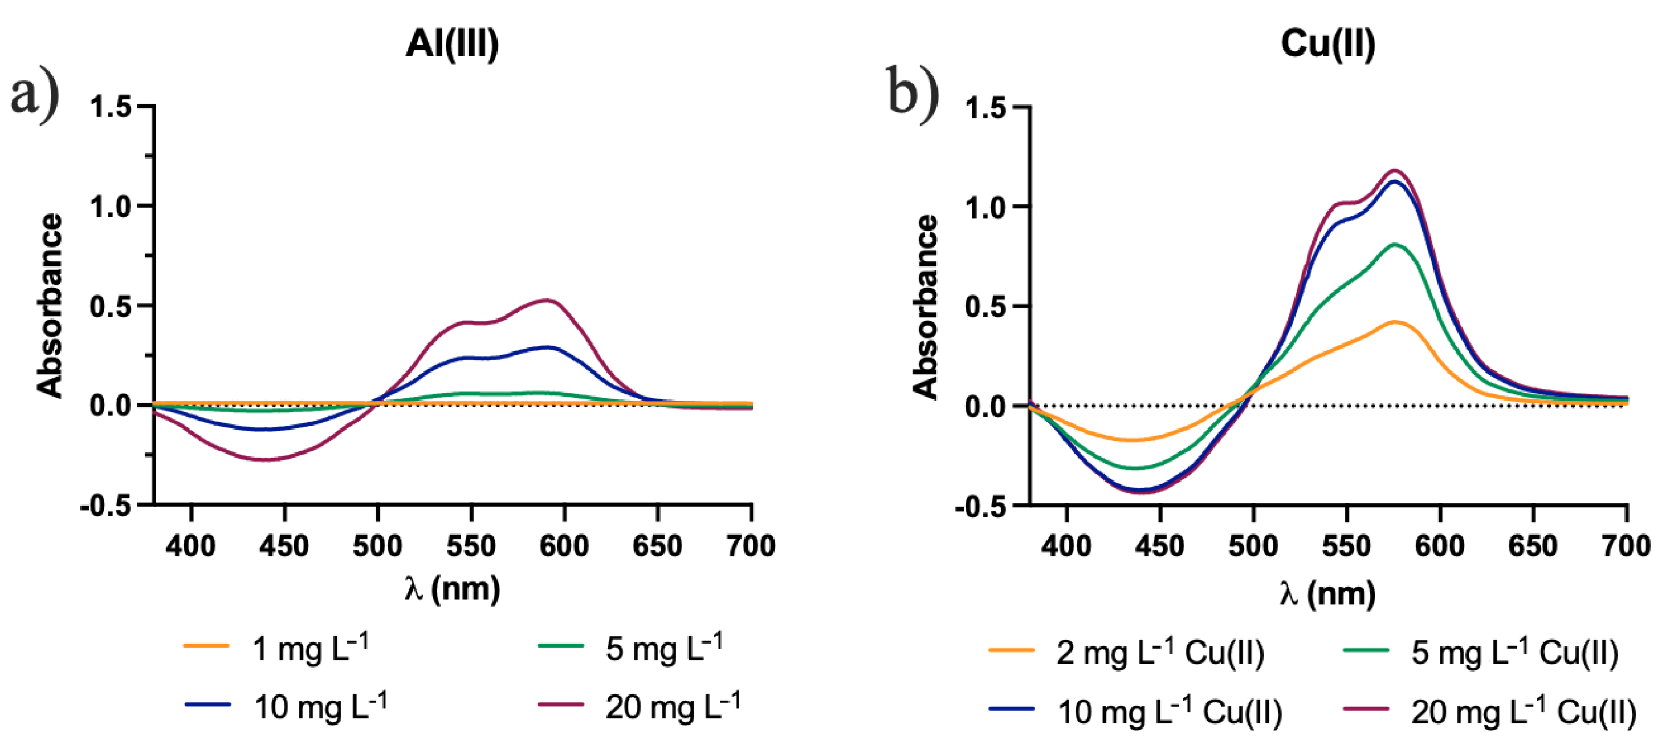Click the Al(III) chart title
[452, 44]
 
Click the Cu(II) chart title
[1327, 44]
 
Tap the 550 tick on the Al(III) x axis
[471, 546]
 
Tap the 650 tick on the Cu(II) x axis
[1533, 546]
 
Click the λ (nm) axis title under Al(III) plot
[452, 589]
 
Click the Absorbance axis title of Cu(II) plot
[925, 306]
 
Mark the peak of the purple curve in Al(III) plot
[548, 300]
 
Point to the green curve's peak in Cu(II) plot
[1395, 244]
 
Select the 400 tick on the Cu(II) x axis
[1066, 546]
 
